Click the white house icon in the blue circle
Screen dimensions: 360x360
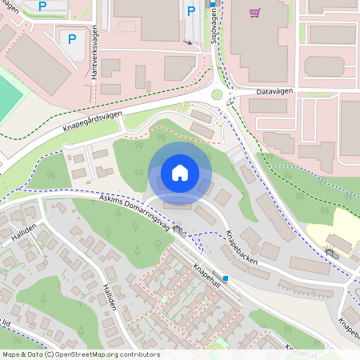click(x=180, y=173)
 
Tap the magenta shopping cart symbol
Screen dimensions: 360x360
click(x=254, y=12)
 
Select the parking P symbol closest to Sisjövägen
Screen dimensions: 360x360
click(x=190, y=10)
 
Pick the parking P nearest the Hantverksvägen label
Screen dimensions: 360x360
click(x=72, y=38)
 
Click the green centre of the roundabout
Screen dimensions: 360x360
click(x=217, y=94)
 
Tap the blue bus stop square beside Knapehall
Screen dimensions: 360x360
click(x=226, y=278)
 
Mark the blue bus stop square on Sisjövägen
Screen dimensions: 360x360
click(x=213, y=4)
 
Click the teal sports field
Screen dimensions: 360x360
click(x=8, y=96)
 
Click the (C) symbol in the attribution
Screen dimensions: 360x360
click(x=50, y=354)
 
